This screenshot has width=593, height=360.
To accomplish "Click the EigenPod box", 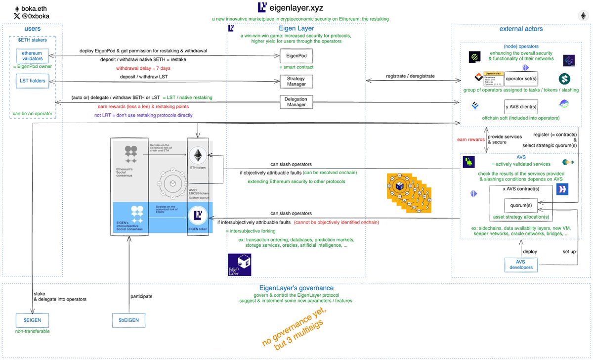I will pyautogui.click(x=296, y=56).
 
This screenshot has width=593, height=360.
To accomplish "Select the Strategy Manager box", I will pyautogui.click(x=296, y=81).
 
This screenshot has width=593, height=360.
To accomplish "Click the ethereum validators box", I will pyautogui.click(x=32, y=56).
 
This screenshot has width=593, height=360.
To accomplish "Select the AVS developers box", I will pyautogui.click(x=520, y=265).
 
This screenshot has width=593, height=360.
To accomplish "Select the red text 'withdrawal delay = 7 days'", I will pyautogui.click(x=144, y=68).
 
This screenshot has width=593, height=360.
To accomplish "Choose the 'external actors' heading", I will pyautogui.click(x=521, y=29).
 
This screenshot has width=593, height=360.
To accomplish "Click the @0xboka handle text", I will pyautogui.click(x=35, y=16).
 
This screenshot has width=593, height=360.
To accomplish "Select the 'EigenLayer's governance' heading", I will pyautogui.click(x=296, y=288).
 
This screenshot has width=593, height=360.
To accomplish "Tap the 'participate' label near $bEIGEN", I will pyautogui.click(x=142, y=297).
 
